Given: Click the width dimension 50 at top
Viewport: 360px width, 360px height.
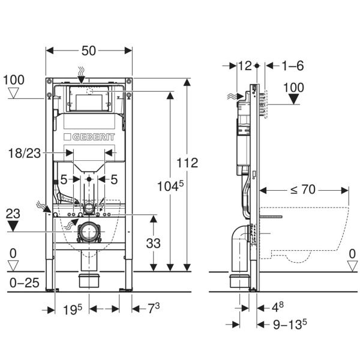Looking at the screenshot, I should click(89, 52).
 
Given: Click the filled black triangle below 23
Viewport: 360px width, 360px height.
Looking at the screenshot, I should click(14, 226).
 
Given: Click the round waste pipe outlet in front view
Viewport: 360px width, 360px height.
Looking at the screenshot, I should click(89, 232).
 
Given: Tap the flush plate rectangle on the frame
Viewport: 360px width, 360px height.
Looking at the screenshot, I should click(89, 99).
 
